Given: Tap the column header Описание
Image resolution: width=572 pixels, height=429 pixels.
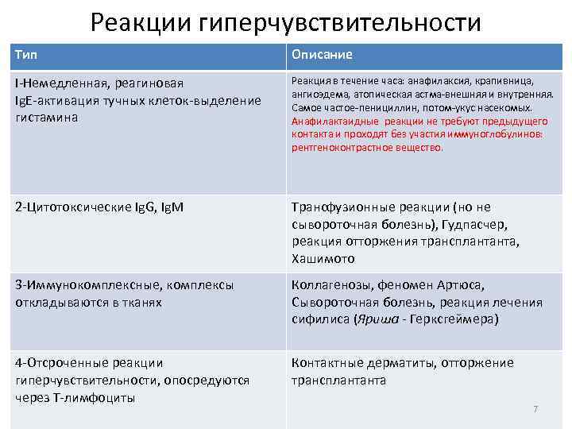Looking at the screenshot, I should click(322, 55).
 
